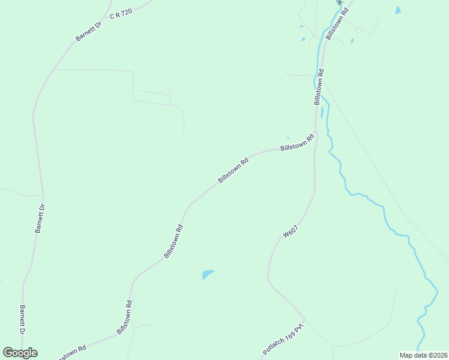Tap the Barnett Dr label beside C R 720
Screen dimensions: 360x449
click(89, 28)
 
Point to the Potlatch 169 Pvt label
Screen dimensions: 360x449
click(285, 339)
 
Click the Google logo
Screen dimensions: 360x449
click(20, 353)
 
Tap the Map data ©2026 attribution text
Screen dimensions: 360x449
click(423, 355)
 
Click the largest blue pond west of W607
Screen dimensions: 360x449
click(208, 274)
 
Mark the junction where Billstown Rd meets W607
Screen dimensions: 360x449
click(315, 132)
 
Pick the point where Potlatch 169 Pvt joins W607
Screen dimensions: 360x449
click(305, 320)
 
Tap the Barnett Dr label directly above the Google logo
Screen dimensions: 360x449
click(23, 320)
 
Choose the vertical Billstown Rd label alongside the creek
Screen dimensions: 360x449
click(319, 87)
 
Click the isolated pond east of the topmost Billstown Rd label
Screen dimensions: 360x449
click(398, 10)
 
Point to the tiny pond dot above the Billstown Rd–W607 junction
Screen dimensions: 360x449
click(288, 138)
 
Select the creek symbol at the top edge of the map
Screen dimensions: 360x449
click(340, 3)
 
